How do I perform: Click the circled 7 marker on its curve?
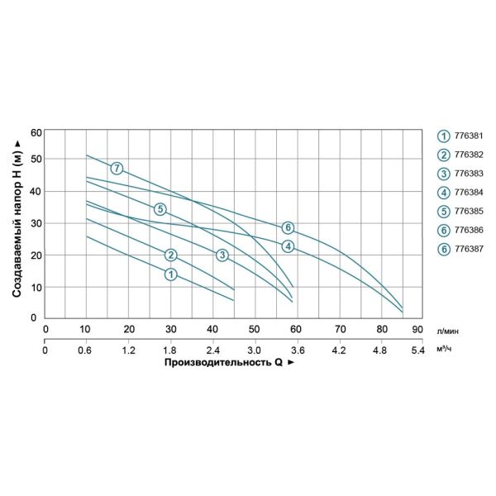(117, 169)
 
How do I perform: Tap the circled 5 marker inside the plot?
(160, 209)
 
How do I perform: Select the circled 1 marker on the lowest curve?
(170, 274)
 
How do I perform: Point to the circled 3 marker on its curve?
(222, 255)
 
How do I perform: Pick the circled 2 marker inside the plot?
(171, 255)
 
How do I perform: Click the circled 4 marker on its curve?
(288, 246)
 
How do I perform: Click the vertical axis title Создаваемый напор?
(17, 225)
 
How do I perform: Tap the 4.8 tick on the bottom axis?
(380, 351)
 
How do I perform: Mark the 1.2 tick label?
(129, 351)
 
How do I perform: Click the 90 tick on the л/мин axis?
(422, 329)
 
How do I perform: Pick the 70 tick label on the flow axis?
(339, 329)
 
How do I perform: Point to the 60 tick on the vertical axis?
(35, 132)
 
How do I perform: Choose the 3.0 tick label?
(255, 351)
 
